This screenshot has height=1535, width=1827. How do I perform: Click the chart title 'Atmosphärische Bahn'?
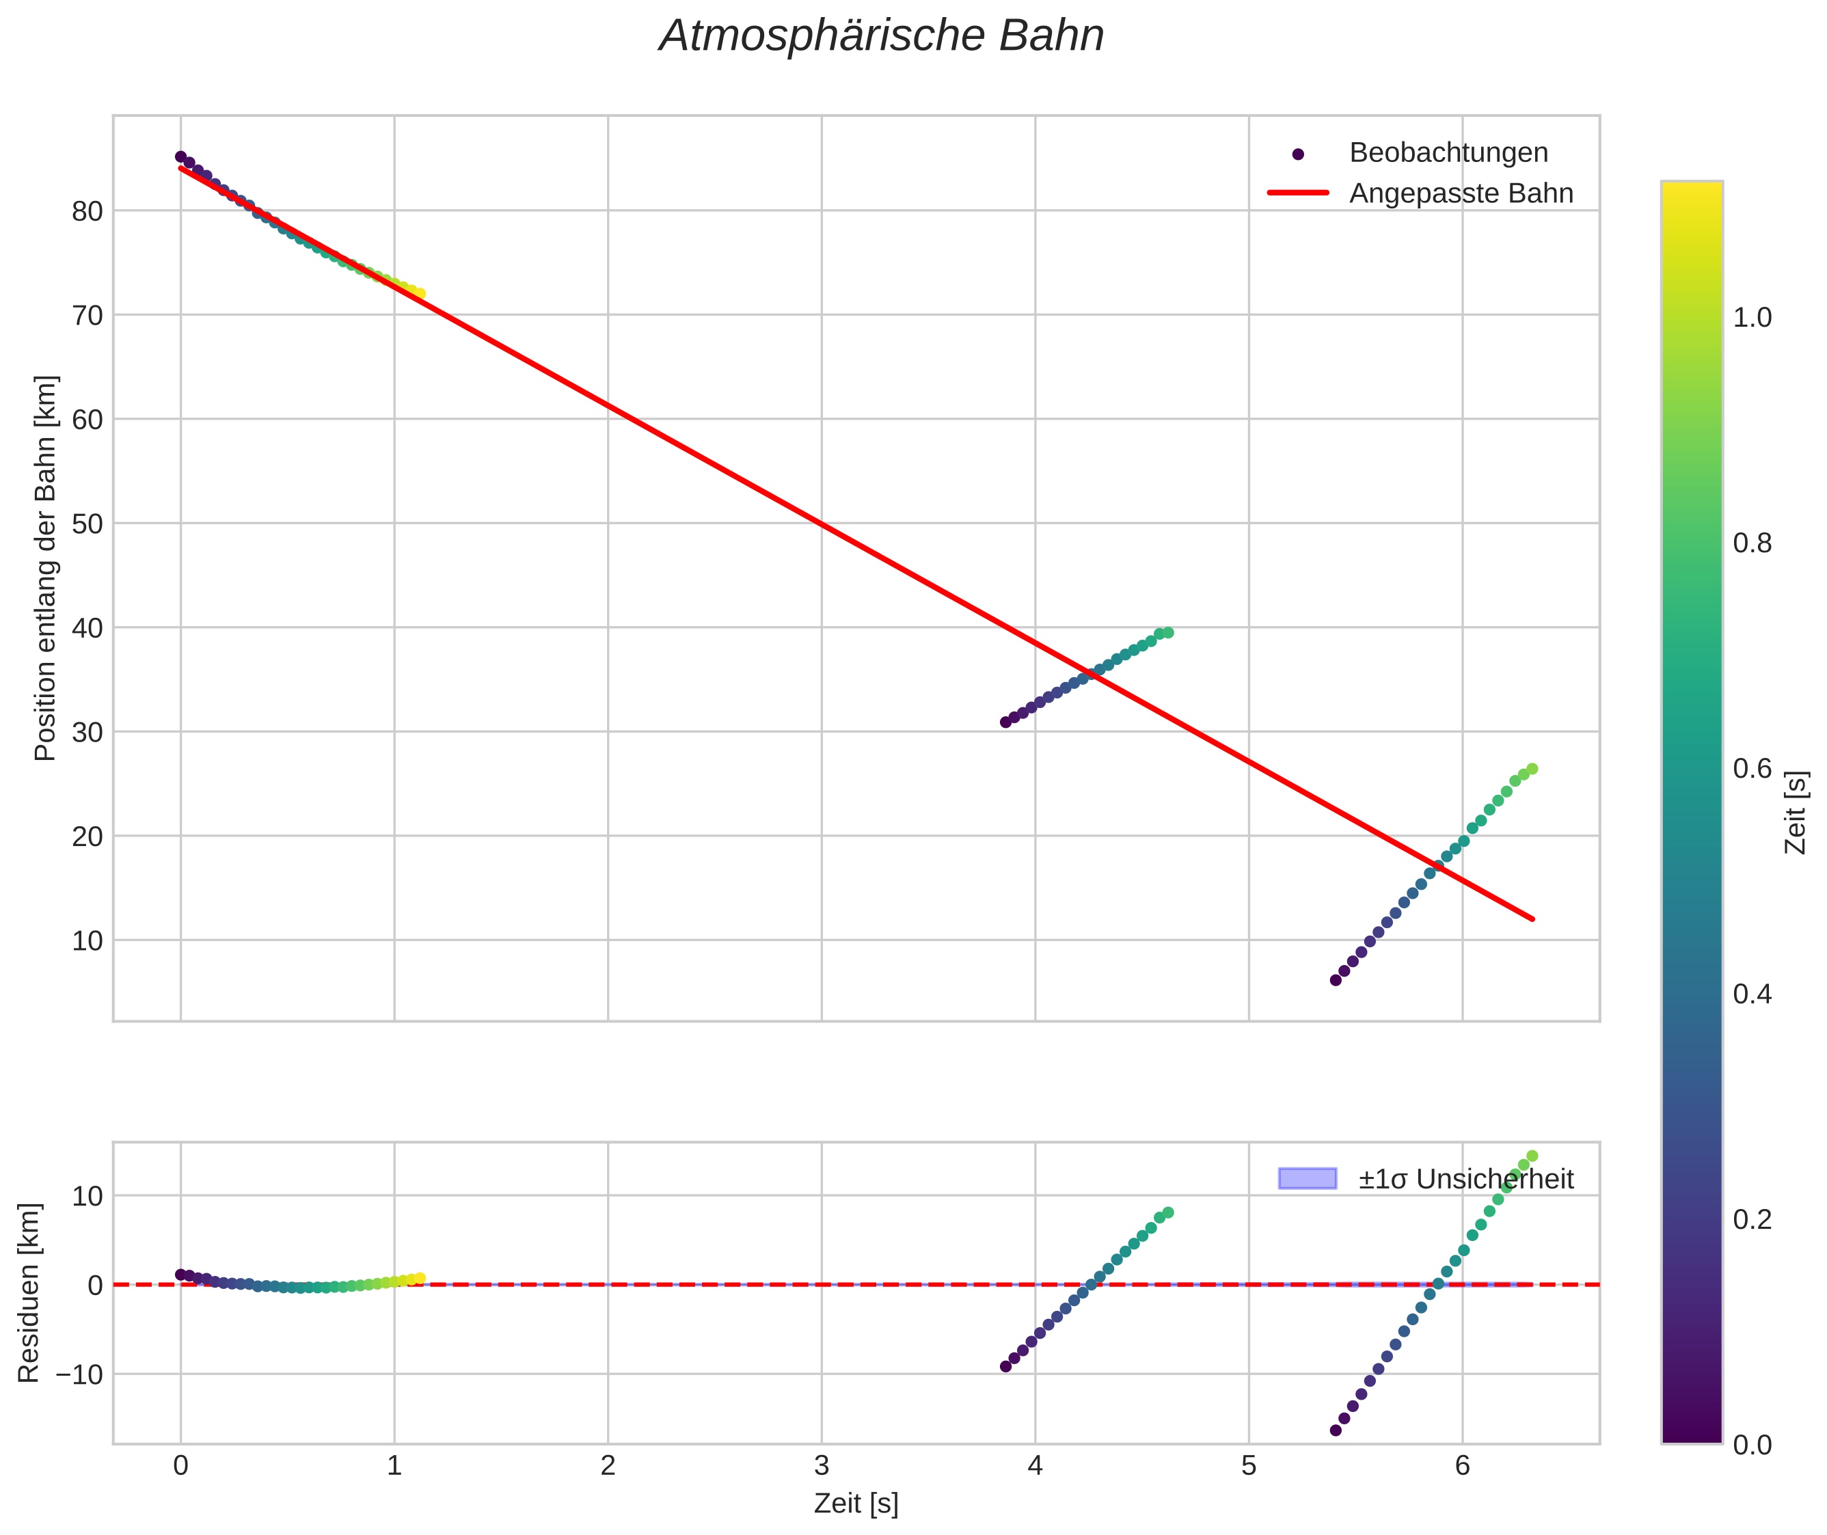point(881,36)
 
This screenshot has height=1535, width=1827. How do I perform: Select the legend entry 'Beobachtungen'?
point(1448,152)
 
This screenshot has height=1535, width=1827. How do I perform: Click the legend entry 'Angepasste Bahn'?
point(1461,193)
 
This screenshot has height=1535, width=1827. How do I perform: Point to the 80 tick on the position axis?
point(87,210)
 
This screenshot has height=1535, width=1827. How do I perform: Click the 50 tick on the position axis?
point(87,524)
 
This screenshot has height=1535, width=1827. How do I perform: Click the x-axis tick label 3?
point(822,1466)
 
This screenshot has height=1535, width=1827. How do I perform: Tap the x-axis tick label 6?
point(1462,1466)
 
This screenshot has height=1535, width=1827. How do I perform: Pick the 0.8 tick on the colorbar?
point(1752,544)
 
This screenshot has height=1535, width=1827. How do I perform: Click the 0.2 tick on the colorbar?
point(1752,1220)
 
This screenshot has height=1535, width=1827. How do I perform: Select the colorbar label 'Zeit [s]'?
point(1796,813)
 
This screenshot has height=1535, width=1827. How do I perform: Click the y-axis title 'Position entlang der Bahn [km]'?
point(45,568)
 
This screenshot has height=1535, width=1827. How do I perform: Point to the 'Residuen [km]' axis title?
point(29,1293)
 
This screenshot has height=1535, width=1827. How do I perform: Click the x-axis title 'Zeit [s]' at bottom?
point(856,1504)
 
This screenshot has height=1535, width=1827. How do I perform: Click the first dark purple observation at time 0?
point(181,157)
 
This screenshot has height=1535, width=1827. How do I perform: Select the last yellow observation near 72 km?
point(420,294)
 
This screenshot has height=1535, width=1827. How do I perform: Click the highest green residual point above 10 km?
point(1532,1156)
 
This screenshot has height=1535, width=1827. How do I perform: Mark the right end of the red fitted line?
point(1532,919)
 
